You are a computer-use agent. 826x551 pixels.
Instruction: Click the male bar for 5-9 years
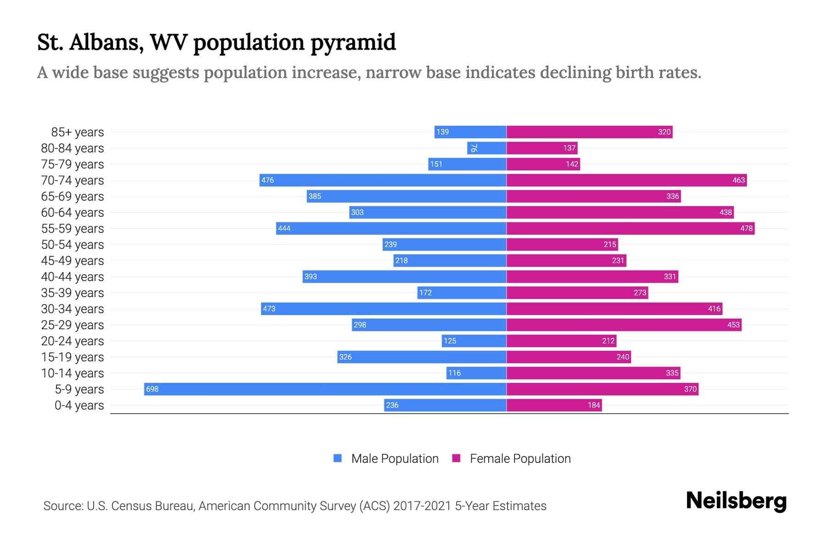tap(325, 389)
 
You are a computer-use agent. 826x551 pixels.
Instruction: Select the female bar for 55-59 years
tap(631, 228)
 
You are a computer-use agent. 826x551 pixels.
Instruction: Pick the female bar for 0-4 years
tap(554, 405)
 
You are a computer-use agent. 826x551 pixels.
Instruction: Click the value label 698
tap(152, 389)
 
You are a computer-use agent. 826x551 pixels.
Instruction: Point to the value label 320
tap(664, 132)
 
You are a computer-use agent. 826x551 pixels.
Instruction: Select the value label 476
tap(268, 180)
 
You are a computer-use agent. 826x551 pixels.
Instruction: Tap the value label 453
tap(733, 325)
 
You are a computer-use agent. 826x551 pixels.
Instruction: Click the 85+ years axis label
tap(77, 132)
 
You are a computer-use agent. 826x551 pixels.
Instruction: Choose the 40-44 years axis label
tap(73, 277)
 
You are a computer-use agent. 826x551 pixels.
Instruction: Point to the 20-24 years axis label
tap(73, 341)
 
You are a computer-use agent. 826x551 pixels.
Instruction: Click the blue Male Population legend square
tap(338, 458)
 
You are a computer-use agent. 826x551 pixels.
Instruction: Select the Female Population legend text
tap(520, 459)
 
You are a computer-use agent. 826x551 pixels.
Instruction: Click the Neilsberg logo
tap(736, 501)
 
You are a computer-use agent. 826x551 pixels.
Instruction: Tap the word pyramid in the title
tap(353, 43)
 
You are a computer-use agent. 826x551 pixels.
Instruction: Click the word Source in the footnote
tap(63, 506)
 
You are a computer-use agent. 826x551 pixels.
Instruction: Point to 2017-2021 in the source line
tap(422, 506)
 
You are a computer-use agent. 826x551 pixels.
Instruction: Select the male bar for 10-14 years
tap(476, 373)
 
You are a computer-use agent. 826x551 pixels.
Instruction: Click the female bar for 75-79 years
tap(543, 164)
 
